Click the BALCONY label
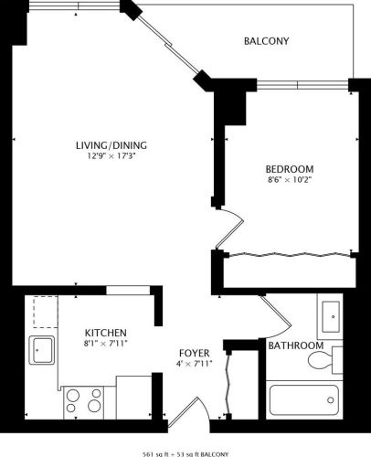coord(267,41)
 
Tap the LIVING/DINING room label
coord(111,144)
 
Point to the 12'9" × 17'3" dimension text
coord(111,156)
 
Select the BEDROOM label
coord(290,169)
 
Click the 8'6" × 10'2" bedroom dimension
coord(290,181)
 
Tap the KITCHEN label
coord(106,332)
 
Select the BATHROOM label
coord(295,345)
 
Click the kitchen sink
coord(40,349)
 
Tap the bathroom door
coord(277,315)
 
